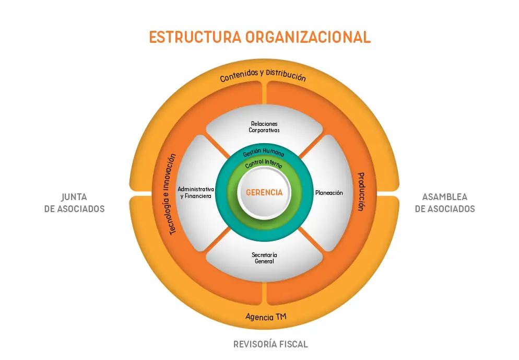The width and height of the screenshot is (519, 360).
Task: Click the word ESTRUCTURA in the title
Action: tap(195, 37)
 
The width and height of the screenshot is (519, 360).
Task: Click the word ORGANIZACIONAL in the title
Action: tap(308, 37)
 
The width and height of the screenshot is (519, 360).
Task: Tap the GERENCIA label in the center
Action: tap(264, 192)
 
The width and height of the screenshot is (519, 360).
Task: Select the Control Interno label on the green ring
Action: tap(264, 163)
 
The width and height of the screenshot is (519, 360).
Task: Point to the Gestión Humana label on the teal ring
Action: tap(264, 152)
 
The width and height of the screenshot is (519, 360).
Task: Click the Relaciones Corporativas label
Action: tap(264, 127)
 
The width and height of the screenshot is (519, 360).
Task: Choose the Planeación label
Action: tap(329, 193)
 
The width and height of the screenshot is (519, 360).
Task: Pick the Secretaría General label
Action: tap(264, 258)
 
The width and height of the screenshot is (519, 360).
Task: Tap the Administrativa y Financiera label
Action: tap(196, 192)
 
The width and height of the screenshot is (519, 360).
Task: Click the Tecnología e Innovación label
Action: tap(172, 194)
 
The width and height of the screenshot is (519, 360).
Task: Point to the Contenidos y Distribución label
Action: tap(263, 75)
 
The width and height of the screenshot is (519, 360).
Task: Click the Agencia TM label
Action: tap(265, 317)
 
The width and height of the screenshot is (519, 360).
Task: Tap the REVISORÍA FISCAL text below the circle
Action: tap(270, 344)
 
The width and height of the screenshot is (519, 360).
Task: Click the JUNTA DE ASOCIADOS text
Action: tap(75, 203)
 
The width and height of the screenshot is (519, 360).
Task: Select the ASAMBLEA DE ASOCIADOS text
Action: tap(445, 203)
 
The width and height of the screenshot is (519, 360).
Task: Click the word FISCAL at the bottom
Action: tap(293, 344)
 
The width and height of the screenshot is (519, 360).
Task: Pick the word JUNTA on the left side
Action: tap(74, 197)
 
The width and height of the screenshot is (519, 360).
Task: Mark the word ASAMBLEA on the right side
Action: tap(445, 197)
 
